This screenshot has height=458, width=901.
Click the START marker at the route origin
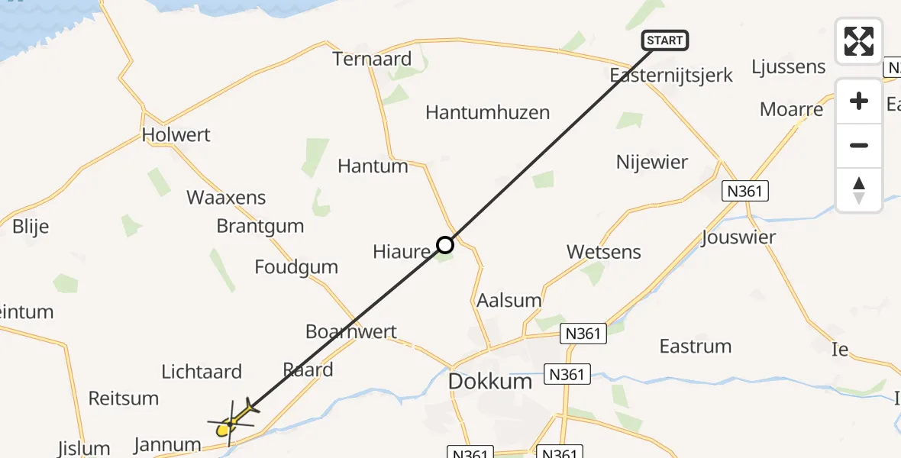point(665,40)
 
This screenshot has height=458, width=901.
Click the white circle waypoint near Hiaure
point(445,245)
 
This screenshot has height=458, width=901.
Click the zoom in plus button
point(859,102)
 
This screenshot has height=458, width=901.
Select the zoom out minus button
point(859,145)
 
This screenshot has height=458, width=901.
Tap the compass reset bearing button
point(859,189)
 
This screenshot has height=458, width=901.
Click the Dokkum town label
point(490,381)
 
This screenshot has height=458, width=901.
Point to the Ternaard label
point(372,59)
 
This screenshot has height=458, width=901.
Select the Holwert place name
point(176,134)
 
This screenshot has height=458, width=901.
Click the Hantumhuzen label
point(487,113)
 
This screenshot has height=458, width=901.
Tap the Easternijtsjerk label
point(672,76)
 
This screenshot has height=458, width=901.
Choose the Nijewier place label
point(652,162)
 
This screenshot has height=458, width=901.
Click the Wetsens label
point(604,252)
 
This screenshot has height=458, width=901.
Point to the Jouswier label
point(738,237)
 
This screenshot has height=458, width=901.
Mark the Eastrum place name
point(696,346)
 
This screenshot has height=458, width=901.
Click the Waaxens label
point(226,198)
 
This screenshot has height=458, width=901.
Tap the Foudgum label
point(296,267)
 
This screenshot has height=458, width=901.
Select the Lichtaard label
point(202,372)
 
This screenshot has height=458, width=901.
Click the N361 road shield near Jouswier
point(745,191)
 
